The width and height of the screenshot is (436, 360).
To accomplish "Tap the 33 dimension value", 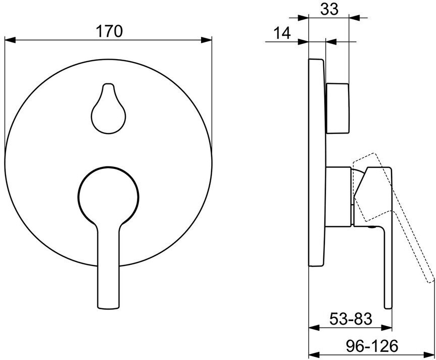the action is click(x=329, y=9).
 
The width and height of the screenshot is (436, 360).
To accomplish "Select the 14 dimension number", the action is click(x=282, y=33).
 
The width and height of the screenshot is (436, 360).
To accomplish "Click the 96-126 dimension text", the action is click(x=372, y=346).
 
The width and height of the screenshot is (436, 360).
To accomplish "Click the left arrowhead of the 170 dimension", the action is click(x=10, y=40).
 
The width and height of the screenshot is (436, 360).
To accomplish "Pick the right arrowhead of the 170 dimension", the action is click(x=206, y=40).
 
